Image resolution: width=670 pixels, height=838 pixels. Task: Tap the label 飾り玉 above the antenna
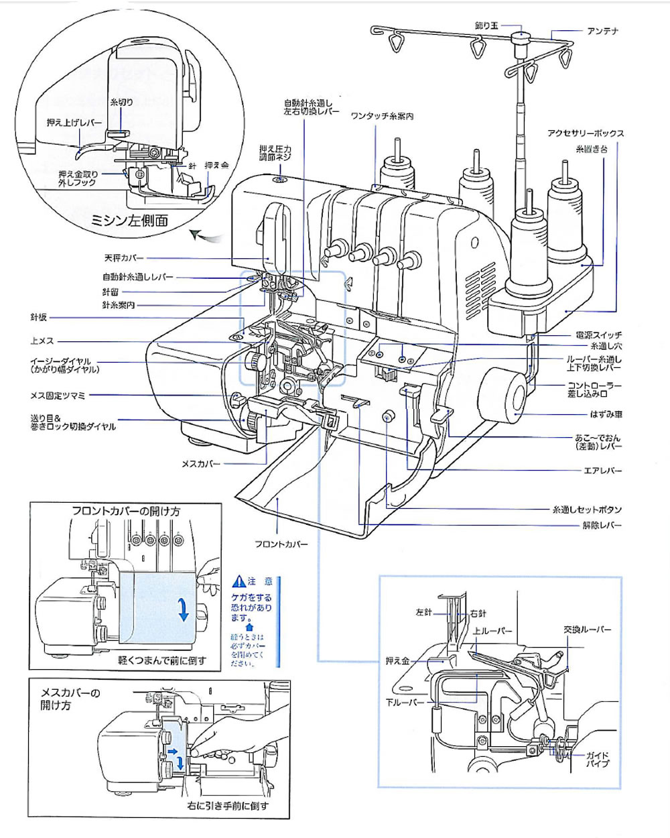coord(487,25)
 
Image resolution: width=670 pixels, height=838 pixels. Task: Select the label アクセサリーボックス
coord(586,133)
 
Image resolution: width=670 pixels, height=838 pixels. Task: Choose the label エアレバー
coord(604,471)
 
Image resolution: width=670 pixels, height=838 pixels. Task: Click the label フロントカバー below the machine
coord(281,544)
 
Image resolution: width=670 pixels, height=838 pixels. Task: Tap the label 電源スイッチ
coord(598,335)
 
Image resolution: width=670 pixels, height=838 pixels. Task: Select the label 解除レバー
coord(602,525)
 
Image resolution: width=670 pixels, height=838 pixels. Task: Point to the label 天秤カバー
coord(124,257)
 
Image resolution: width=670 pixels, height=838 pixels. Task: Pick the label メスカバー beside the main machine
coord(201,463)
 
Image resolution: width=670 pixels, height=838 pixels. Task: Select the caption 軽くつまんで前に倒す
coord(162,660)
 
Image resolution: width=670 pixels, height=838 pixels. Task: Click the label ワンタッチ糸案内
coord(382,116)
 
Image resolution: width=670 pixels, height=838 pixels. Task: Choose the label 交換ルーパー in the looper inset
coord(588,630)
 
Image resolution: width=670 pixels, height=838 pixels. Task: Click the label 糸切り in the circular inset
coord(121,102)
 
